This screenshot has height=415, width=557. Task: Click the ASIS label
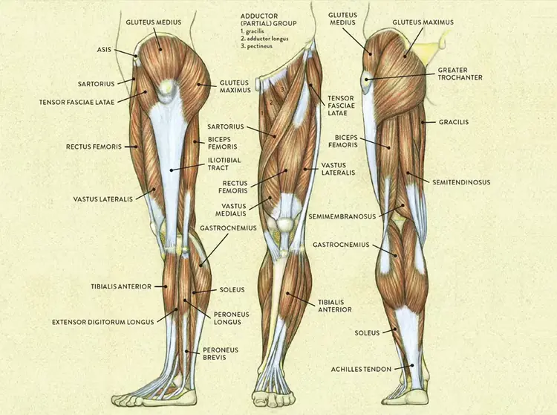point(104,49)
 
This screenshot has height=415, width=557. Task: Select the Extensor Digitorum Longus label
point(103,322)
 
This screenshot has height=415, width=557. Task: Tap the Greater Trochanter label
point(460,74)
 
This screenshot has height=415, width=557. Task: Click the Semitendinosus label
point(461,182)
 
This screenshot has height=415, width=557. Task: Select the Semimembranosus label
point(342,216)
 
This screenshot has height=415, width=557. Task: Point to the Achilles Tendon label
point(361,369)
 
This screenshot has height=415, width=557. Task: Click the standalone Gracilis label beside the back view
point(454,122)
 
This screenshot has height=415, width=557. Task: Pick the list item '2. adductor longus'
point(264,39)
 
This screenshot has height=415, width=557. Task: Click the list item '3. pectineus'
point(256,46)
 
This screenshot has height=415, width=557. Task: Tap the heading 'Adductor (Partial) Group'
point(268,19)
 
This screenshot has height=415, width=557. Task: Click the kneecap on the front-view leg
point(286,224)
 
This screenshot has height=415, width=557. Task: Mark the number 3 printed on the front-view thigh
point(282,89)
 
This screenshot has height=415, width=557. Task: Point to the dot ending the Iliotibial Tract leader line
point(172,170)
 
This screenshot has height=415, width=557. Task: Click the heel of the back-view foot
point(417,396)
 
